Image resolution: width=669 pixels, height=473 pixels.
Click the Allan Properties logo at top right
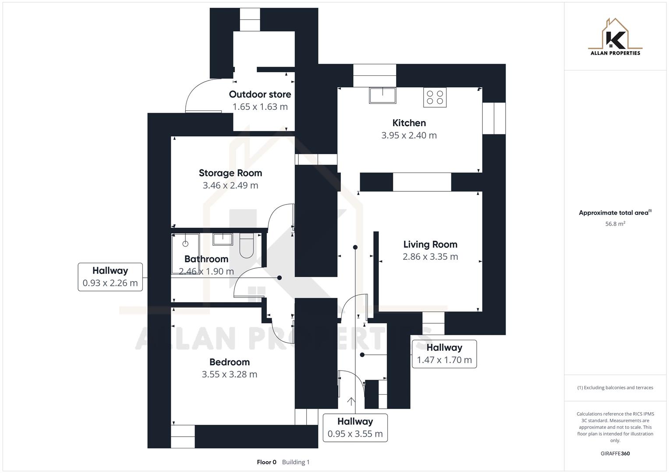615,37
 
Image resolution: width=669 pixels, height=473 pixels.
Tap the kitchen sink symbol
382,95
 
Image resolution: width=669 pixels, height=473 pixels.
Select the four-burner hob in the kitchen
435,97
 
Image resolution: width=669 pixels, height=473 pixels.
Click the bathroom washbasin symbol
223,239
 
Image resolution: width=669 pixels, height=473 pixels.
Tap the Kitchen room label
409,123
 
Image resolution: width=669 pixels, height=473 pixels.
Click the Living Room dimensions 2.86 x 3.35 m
430,257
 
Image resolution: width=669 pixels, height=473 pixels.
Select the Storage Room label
230,173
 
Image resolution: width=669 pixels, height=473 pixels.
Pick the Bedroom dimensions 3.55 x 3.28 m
230,374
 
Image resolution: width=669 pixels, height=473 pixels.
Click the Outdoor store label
260,94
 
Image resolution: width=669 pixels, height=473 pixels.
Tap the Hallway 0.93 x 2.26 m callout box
110,277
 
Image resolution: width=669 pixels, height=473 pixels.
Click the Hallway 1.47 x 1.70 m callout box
444,354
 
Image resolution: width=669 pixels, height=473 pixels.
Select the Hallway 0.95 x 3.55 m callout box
355,428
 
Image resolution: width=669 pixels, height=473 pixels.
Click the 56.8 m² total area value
615,224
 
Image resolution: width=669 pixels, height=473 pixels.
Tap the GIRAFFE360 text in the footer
615,454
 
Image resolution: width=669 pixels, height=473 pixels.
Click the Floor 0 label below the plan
266,462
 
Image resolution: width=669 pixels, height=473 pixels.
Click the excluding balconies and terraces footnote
615,388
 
